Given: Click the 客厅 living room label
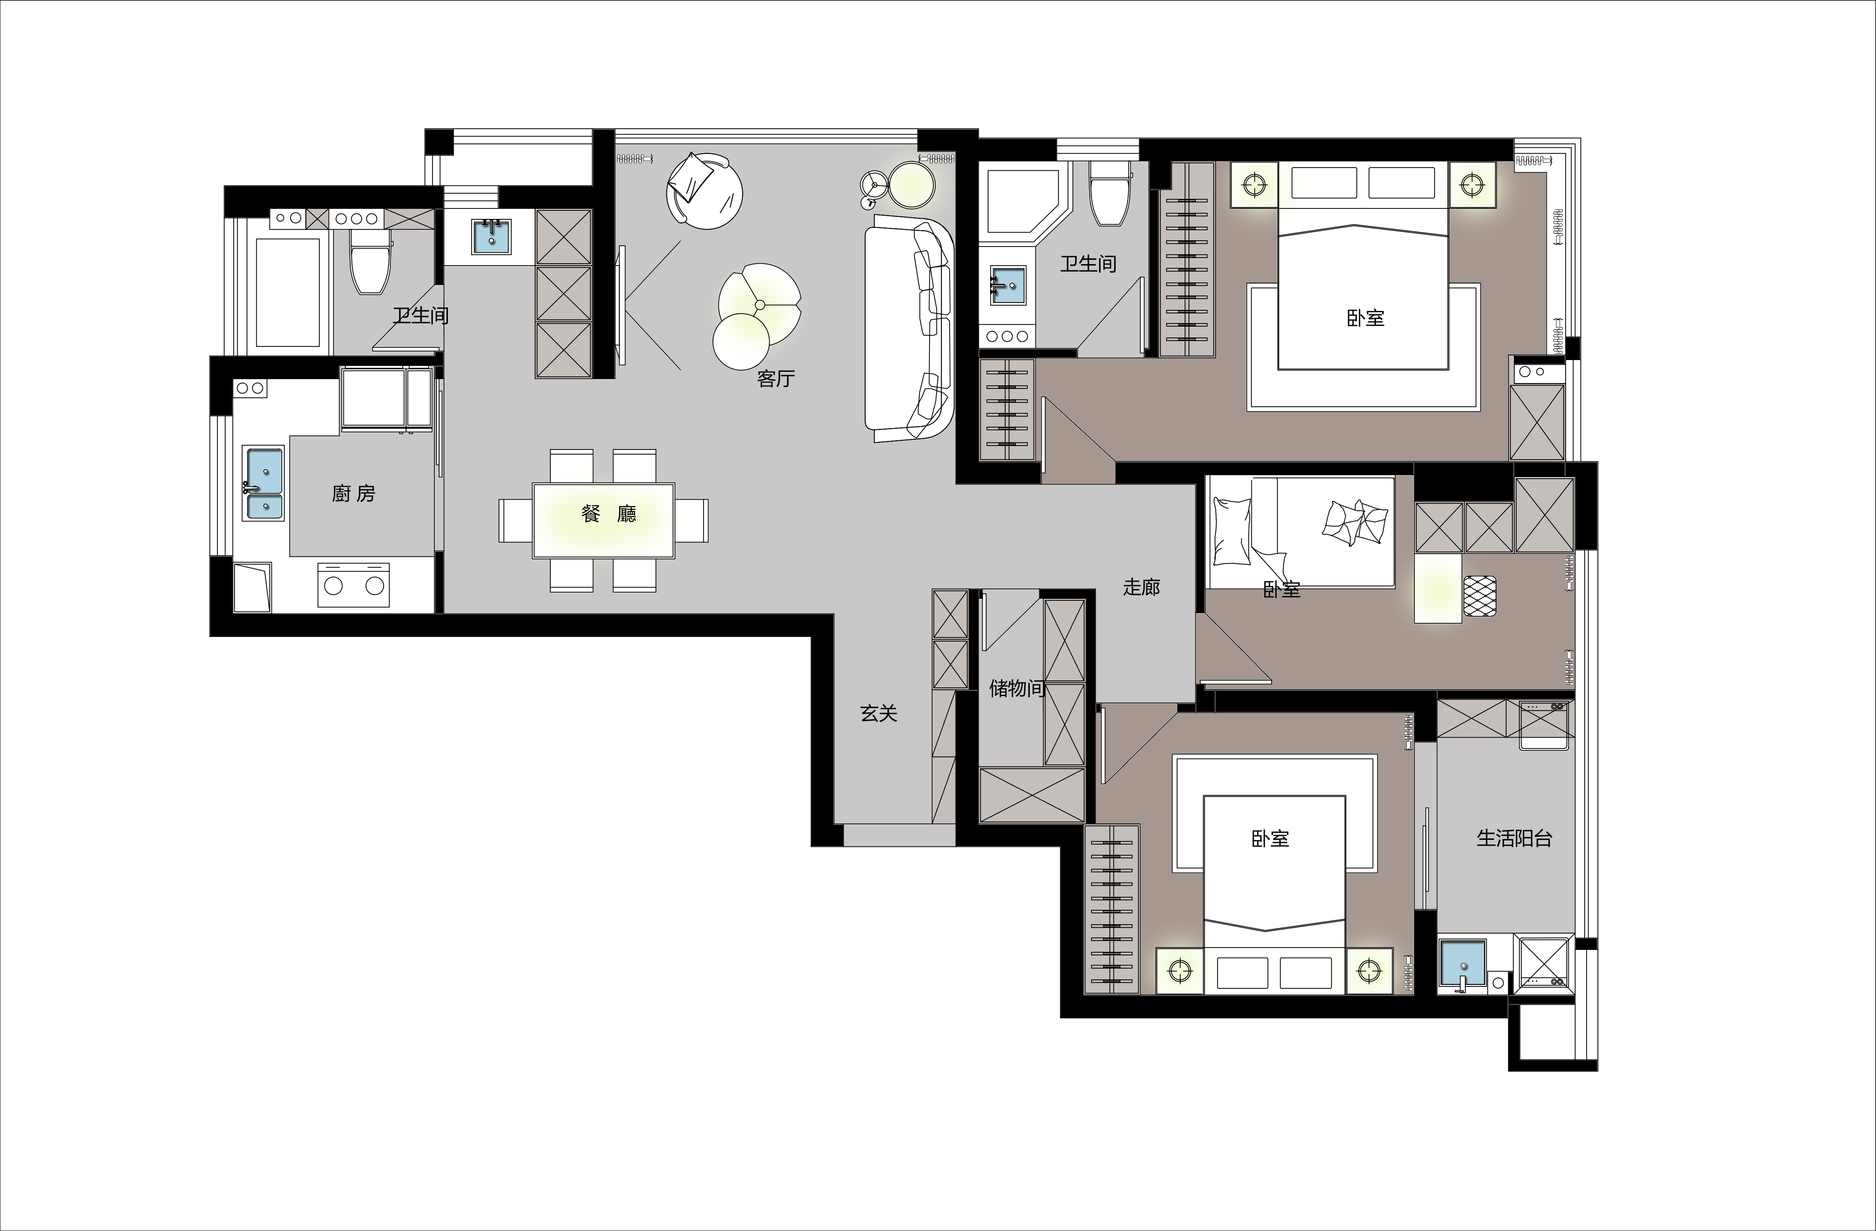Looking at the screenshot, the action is coord(775,379).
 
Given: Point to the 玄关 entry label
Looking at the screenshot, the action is coord(878,713).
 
